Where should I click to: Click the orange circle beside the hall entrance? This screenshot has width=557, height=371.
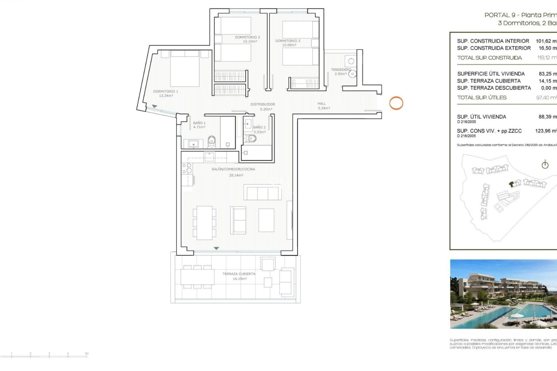(396, 103)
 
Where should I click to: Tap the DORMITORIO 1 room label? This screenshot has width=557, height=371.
(165, 91)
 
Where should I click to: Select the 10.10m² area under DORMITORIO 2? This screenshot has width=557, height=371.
(250, 41)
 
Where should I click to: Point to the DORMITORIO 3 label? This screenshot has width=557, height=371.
(287, 41)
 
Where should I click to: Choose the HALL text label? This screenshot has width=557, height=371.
(321, 103)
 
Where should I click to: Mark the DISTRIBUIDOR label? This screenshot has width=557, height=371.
(263, 104)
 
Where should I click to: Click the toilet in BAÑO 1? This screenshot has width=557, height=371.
(212, 141)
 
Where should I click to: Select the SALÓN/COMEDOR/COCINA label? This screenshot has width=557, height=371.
(233, 169)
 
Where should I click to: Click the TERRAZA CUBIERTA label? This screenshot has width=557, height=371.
(239, 274)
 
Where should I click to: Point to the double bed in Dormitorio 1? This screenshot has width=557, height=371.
(185, 70)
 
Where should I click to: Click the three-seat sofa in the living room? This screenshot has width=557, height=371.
(262, 192)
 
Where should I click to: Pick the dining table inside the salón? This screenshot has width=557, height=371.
(205, 223)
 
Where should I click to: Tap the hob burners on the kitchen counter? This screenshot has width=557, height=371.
(187, 168)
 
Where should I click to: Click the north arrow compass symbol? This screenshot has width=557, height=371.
(545, 165)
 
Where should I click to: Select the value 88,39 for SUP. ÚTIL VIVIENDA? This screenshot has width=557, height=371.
(547, 117)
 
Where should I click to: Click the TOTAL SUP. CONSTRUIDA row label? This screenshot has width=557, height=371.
(489, 58)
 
